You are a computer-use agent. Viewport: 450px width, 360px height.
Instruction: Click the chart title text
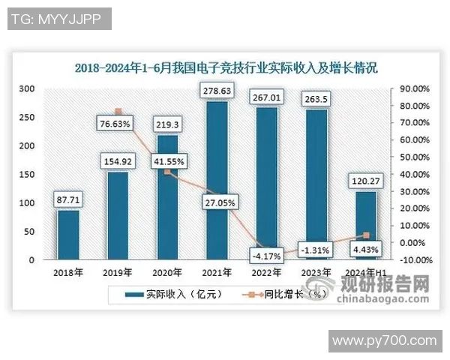[226, 67]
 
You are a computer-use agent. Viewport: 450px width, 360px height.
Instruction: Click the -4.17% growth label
[268, 256]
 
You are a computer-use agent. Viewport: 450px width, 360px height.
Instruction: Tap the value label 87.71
[68, 200]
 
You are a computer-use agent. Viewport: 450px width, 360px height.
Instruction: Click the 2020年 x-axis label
[167, 272]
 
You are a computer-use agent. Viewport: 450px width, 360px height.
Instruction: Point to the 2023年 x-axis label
[316, 272]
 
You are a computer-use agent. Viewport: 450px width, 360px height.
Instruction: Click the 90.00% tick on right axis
[412, 88]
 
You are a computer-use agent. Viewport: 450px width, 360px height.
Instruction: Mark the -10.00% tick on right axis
[412, 260]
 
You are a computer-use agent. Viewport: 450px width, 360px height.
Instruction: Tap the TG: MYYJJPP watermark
[59, 19]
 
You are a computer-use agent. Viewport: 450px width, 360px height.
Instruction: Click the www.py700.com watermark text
[384, 340]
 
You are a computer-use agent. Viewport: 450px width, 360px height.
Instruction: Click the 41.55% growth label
[168, 160]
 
